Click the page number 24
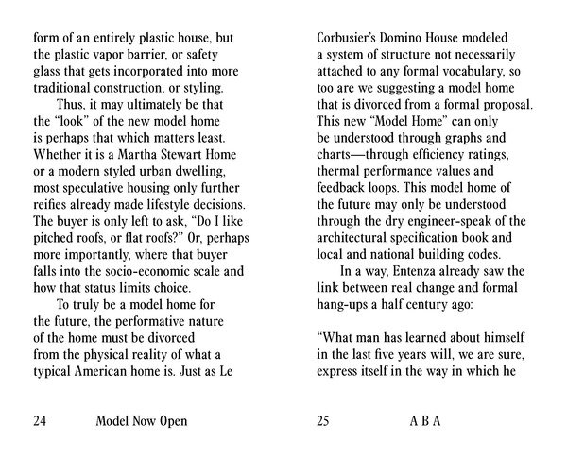pos(41,420)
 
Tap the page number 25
pos(324,420)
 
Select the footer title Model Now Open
pos(141,420)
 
